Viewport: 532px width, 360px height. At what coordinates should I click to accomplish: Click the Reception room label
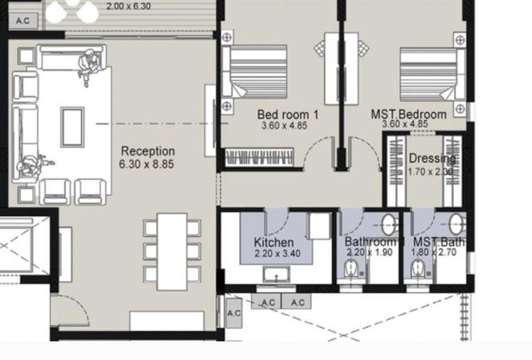pos(147,151)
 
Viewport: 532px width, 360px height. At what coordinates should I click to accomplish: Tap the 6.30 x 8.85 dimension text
pos(147,164)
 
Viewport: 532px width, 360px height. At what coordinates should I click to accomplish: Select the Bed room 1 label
pos(288,115)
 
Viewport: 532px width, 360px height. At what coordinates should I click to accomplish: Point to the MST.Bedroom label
pos(409,115)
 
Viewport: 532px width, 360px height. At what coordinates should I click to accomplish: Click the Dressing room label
pos(432,158)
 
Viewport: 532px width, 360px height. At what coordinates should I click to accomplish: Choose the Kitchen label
pos(273,242)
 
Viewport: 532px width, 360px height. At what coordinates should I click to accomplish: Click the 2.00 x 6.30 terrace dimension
pos(128,6)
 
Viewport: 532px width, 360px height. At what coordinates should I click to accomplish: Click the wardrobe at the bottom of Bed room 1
pos(262,158)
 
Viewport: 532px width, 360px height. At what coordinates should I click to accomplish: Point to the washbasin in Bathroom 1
pos(389,224)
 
